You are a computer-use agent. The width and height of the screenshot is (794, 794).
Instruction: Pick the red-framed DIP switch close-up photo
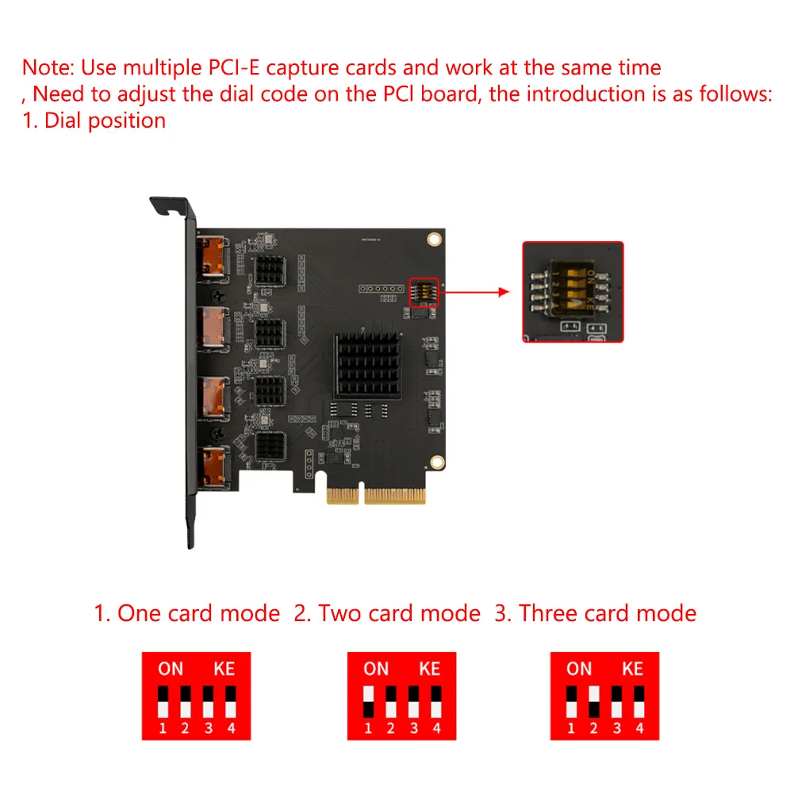click(x=573, y=292)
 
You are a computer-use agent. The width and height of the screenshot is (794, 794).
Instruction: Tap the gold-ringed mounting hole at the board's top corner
click(x=433, y=238)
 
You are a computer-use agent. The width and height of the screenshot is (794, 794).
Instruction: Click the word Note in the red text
click(x=48, y=67)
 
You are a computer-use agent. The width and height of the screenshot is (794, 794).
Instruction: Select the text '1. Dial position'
click(x=94, y=121)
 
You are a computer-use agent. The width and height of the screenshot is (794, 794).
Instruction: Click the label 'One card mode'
click(x=198, y=613)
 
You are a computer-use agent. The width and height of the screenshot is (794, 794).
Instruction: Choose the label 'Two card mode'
click(x=399, y=613)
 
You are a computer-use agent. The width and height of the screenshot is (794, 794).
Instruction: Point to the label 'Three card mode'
click(x=608, y=613)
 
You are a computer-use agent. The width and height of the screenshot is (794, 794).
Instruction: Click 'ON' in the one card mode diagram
click(x=171, y=669)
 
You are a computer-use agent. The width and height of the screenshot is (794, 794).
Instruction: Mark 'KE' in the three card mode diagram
click(x=632, y=669)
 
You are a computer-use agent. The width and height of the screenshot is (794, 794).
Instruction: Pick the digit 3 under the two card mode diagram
click(x=413, y=728)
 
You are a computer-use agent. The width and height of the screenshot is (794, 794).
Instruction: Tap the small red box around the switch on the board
click(x=423, y=292)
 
